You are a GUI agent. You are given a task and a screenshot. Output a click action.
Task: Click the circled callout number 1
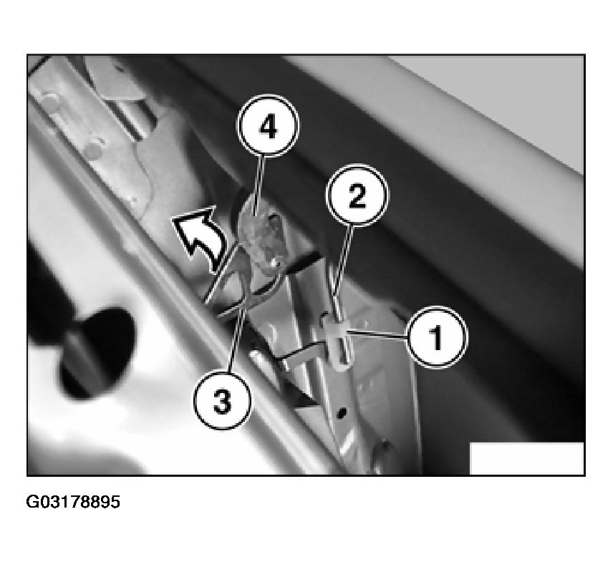click(436, 336)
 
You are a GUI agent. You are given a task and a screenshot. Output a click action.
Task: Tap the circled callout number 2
click(357, 195)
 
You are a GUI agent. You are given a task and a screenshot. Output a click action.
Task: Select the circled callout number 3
click(223, 401)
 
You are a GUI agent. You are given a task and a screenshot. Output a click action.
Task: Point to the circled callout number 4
click(268, 125)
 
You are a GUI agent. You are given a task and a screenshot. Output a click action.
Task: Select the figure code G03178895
click(73, 502)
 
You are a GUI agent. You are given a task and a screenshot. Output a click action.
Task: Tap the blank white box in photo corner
click(526, 458)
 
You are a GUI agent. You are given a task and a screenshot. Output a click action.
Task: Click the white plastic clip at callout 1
click(338, 342)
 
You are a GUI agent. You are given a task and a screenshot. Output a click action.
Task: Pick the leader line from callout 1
click(376, 334)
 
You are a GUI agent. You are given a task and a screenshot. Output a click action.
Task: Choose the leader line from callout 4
click(259, 185)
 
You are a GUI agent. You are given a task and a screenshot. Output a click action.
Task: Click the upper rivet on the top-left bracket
click(49, 101)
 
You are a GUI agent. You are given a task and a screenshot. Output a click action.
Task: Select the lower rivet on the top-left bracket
click(94, 150)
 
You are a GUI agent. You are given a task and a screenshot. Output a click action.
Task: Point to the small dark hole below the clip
click(342, 412)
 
